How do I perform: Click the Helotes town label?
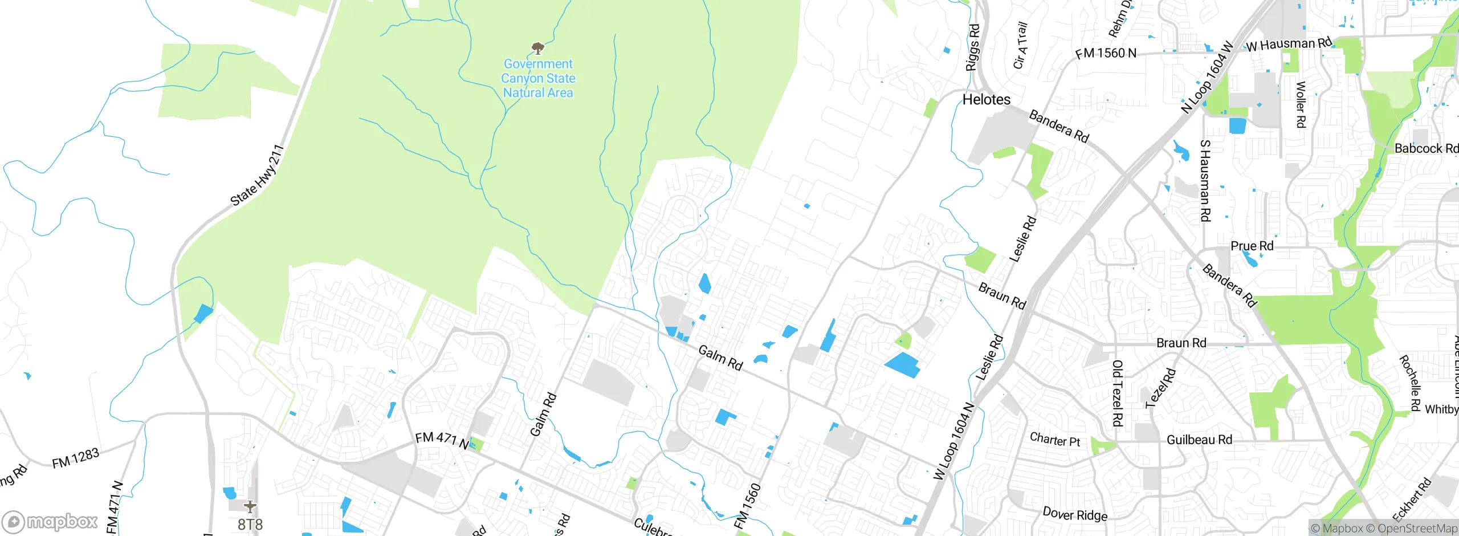click(x=986, y=100)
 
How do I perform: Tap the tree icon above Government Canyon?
click(x=537, y=47)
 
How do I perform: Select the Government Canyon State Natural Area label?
click(x=538, y=79)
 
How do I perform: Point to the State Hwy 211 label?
click(x=257, y=175)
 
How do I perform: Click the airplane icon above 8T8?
click(x=250, y=506)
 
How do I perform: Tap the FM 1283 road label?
click(x=76, y=458)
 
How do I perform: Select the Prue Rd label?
click(x=1252, y=246)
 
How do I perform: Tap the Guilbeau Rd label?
click(x=1199, y=440)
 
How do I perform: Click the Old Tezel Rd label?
click(x=1118, y=393)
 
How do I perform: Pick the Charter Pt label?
click(x=1055, y=440)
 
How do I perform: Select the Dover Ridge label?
click(x=1075, y=514)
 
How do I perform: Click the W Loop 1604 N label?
click(x=954, y=441)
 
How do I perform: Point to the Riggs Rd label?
click(x=973, y=47)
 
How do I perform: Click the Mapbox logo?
click(x=50, y=522)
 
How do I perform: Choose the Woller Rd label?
click(x=1301, y=105)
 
